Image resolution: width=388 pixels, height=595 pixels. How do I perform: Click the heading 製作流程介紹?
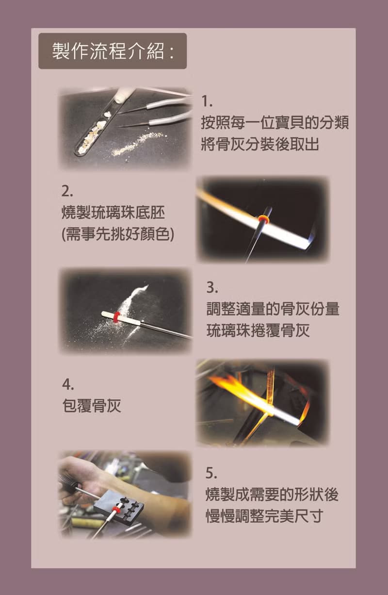pyautogui.click(x=113, y=51)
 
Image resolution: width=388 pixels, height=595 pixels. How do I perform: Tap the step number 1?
pyautogui.click(x=207, y=101)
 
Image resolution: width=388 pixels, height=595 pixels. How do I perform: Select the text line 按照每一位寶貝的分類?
pyautogui.click(x=275, y=123)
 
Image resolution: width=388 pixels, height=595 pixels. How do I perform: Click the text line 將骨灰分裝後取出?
pyautogui.click(x=260, y=144)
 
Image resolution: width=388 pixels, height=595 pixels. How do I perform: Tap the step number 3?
pyautogui.click(x=211, y=287)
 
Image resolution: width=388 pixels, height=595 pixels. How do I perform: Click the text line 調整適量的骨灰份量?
pyautogui.click(x=273, y=309)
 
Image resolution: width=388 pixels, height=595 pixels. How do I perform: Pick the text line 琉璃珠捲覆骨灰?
pyautogui.click(x=258, y=331)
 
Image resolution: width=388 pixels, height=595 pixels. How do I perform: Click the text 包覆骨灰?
pyautogui.click(x=91, y=406)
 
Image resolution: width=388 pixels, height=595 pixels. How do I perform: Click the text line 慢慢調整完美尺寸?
pyautogui.click(x=264, y=516)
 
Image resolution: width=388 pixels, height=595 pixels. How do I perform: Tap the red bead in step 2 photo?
pyautogui.click(x=264, y=220)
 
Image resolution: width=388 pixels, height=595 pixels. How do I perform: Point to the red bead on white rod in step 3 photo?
pyautogui.click(x=116, y=318)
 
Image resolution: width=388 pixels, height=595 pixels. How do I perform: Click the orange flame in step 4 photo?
pyautogui.click(x=238, y=388)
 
